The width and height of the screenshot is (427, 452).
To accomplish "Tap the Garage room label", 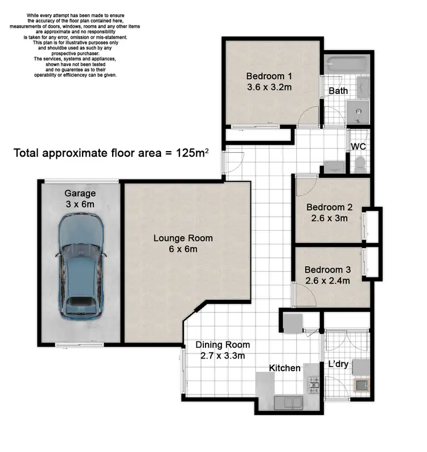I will tap(79, 193).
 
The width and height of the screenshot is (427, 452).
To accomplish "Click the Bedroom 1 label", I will tap(269, 76).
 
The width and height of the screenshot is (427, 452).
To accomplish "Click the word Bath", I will tap(338, 91).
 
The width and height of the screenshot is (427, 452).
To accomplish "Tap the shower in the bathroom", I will tap(359, 111).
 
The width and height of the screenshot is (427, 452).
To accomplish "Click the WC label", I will tap(359, 146).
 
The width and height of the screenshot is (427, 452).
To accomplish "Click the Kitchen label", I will tap(285, 368).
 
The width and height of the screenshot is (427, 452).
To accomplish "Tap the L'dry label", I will tap(338, 364).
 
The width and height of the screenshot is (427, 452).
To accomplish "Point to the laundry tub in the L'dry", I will tap(360, 387).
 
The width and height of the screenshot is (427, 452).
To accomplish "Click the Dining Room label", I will tap(223, 345).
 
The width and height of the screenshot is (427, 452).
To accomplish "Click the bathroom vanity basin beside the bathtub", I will tap(363, 87).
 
